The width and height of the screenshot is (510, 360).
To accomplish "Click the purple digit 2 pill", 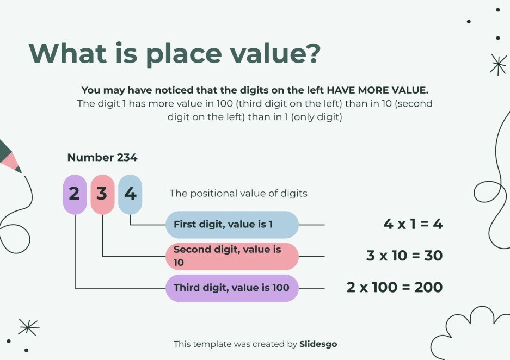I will tap(75, 194).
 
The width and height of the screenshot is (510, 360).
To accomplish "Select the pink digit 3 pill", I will tap(102, 194).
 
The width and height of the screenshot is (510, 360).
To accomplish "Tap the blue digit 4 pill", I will tap(130, 194).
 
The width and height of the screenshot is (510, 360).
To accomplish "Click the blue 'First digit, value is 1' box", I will tap(232, 224).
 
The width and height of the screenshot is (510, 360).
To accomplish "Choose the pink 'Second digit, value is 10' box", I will tap(232, 256).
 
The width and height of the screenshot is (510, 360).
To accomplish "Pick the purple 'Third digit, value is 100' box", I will tap(232, 288).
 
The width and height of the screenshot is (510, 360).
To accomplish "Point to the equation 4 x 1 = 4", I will tap(413, 224).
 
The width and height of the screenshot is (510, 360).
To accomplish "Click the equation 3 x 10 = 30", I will tap(404, 256).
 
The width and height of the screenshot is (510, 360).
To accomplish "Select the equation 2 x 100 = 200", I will tap(394, 287).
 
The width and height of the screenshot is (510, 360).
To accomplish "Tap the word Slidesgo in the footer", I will tap(318, 344).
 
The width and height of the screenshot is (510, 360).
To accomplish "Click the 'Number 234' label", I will tap(102, 158).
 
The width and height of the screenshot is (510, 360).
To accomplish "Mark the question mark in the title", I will tap(311, 53).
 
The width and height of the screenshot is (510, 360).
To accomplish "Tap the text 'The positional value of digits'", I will tap(238, 193).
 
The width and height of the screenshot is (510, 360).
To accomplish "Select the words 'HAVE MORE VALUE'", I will tap(382, 90).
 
